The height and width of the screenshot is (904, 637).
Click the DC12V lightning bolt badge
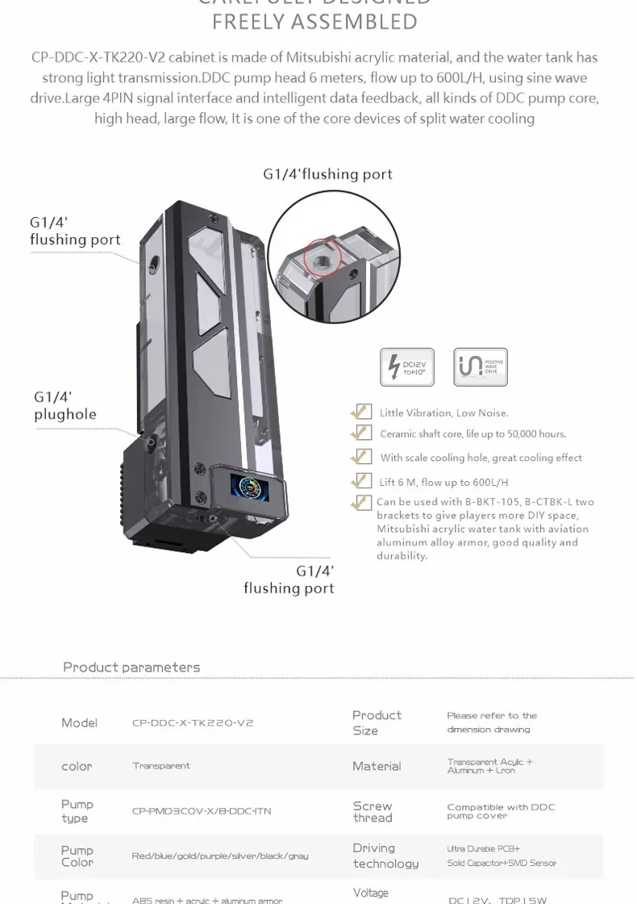[406, 367]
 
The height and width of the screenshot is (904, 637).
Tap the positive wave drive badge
[481, 367]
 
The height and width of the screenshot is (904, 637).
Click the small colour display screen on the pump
[248, 487]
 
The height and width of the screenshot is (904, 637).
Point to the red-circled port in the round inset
[323, 257]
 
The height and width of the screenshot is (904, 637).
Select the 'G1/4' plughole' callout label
[65, 406]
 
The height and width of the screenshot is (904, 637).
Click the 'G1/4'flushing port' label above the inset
[327, 174]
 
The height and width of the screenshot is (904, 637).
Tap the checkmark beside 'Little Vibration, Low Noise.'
[361, 412]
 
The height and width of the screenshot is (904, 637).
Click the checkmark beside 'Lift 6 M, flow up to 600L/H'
[361, 481]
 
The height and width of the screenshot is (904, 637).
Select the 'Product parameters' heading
[131, 668]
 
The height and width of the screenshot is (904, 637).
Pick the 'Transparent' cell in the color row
[161, 766]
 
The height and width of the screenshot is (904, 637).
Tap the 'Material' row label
[377, 766]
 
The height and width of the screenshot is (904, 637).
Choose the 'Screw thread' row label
[373, 811]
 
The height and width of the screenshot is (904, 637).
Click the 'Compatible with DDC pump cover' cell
[501, 811]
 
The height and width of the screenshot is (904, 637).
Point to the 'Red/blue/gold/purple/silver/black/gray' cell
[220, 856]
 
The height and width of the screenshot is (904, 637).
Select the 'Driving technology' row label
[385, 856]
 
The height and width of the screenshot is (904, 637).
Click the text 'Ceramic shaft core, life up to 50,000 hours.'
[473, 434]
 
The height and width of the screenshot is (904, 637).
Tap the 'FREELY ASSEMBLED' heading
[315, 22]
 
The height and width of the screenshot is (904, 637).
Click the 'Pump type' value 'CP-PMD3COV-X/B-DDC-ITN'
[202, 811]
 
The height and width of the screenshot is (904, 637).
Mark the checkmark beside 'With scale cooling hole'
[361, 457]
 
